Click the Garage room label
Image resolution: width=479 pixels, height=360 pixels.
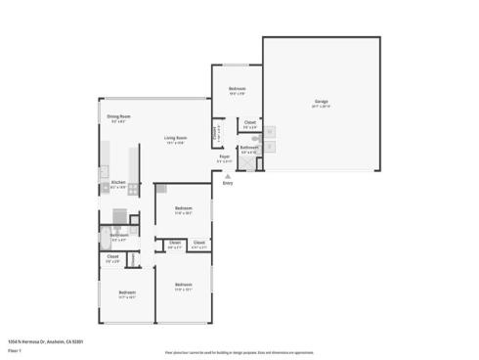coord(321,101)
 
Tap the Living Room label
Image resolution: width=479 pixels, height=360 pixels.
coord(175,138)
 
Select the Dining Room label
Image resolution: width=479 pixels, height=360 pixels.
coord(118,116)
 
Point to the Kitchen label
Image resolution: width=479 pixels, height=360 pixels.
coord(117,182)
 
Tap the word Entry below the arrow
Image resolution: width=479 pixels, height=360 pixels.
coord(228,183)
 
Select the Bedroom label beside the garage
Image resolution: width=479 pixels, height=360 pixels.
coord(237,90)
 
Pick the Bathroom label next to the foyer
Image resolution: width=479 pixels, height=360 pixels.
coord(249,148)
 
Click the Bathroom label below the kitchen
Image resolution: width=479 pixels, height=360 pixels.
coord(119,235)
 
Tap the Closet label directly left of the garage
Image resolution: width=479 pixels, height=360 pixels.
coord(250,123)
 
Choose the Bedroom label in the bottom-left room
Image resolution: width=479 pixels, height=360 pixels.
coord(127,292)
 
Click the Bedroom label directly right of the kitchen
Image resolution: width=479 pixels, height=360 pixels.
coord(184,208)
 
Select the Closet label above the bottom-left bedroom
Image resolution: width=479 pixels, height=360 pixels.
coord(112,257)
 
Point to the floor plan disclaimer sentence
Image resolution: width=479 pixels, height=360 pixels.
coord(239,352)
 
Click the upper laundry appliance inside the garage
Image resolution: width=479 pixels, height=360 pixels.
coord(271,133)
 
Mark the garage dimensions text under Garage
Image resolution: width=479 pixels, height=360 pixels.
coord(321,106)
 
